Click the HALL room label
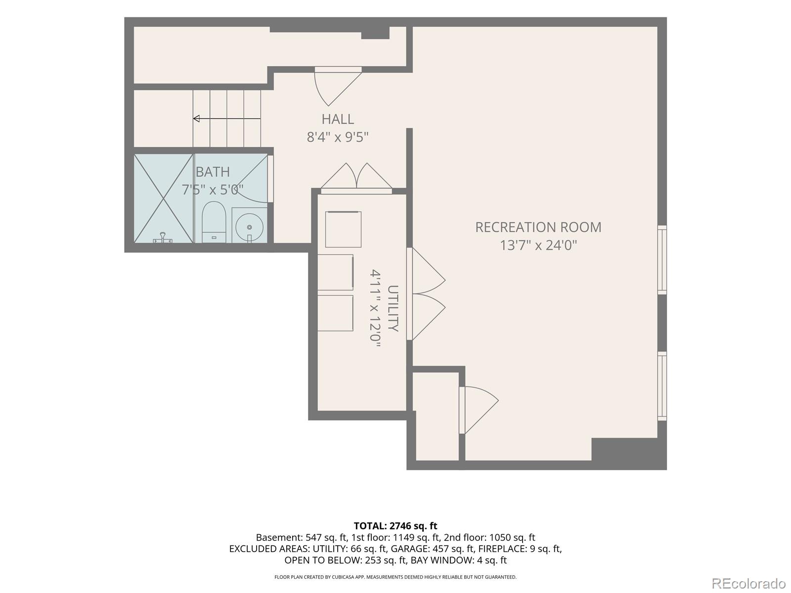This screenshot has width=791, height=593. [338, 119]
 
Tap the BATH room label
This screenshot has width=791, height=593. [213, 172]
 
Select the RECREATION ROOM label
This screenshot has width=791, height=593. [538, 227]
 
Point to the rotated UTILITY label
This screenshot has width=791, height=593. [393, 308]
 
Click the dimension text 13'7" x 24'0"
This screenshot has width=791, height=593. [538, 246]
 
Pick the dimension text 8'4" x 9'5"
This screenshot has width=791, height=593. [338, 137]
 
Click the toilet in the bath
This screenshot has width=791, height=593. [214, 222]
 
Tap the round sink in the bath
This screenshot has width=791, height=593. [249, 227]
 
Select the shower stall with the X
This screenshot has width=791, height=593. [164, 198]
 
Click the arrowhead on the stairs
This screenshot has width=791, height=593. [196, 119]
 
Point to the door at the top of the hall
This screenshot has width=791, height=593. [338, 85]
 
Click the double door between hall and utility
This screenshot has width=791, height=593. [356, 178]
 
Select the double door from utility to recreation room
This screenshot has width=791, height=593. [426, 294]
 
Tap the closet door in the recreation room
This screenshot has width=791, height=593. [479, 410]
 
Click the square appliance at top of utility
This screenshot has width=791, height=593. [343, 229]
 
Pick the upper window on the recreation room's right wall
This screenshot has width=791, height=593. [662, 259]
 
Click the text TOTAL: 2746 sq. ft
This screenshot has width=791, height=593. [395, 526]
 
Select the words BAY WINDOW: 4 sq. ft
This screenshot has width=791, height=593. [458, 560]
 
